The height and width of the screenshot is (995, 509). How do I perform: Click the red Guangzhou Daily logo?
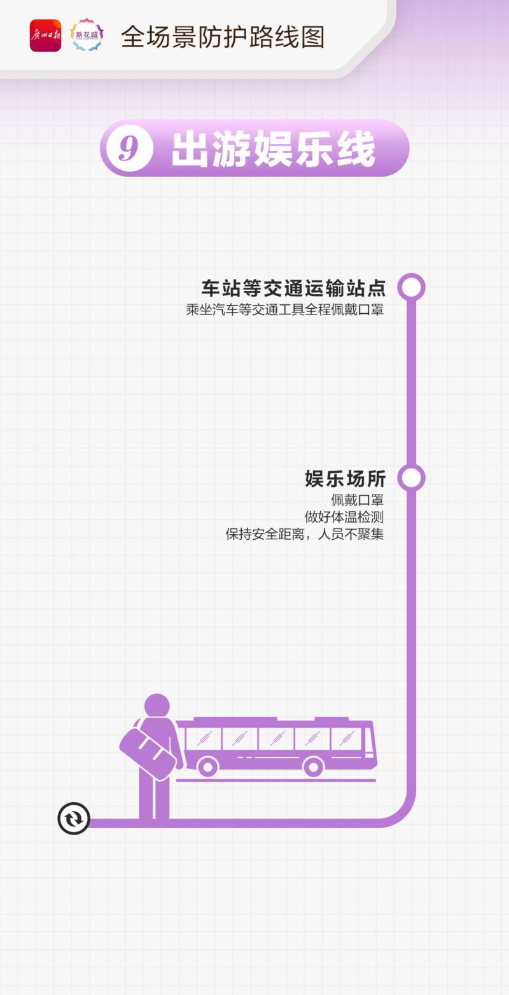pyautogui.click(x=45, y=36)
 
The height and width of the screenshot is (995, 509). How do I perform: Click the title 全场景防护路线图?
pyautogui.click(x=223, y=37)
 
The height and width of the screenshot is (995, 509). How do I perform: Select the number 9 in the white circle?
pyautogui.click(x=129, y=148)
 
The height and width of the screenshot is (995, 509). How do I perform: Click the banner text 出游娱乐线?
pyautogui.click(x=274, y=149)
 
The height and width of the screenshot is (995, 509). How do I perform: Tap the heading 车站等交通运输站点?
pyautogui.click(x=293, y=288)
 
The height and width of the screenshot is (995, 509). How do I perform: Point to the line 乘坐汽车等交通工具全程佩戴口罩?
pyautogui.click(x=285, y=309)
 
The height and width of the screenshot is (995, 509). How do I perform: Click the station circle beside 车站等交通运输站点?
pyautogui.click(x=412, y=287)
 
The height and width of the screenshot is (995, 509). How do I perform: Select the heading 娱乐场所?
pyautogui.click(x=345, y=479)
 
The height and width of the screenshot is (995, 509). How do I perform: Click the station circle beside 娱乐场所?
pyautogui.click(x=412, y=478)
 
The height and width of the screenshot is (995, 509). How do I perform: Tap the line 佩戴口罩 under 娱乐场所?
pyautogui.click(x=357, y=500)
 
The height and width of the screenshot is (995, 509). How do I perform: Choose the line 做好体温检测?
pyautogui.click(x=344, y=517)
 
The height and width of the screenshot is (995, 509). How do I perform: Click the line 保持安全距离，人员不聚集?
pyautogui.click(x=304, y=534)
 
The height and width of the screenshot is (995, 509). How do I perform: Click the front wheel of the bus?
pyautogui.click(x=313, y=766)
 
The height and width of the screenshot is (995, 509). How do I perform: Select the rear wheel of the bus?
pyautogui.click(x=207, y=766)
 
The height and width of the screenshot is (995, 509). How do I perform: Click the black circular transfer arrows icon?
pyautogui.click(x=74, y=818)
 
